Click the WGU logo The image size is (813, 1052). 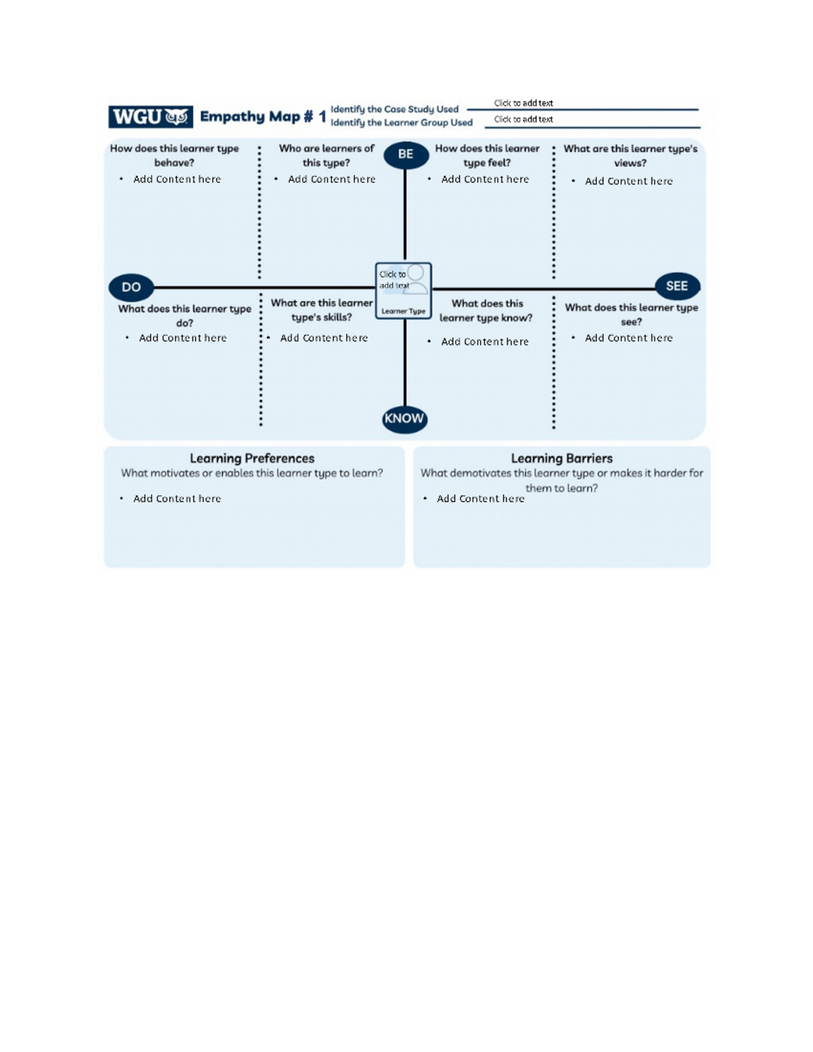[x=150, y=117]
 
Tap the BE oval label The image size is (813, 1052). [x=406, y=154]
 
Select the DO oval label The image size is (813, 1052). [x=131, y=287]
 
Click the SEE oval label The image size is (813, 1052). [x=677, y=286]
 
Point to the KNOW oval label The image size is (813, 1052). [x=404, y=419]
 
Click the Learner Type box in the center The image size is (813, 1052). [x=404, y=291]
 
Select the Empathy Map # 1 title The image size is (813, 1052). [x=263, y=117]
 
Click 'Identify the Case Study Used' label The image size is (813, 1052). [x=394, y=109]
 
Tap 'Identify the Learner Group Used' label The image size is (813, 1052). [x=401, y=123]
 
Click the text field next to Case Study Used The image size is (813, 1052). [x=583, y=103]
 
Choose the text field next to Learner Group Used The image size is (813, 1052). [x=589, y=119]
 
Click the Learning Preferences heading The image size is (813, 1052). [x=252, y=459]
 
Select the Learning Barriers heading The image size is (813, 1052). [x=562, y=459]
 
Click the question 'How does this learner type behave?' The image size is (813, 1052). [x=174, y=155]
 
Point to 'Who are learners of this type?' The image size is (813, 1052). [x=327, y=155]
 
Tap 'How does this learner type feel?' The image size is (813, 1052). [x=487, y=155]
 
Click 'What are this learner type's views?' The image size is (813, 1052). [x=630, y=156]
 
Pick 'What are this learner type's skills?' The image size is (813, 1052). [x=322, y=310]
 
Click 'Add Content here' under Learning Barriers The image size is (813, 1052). [x=480, y=499]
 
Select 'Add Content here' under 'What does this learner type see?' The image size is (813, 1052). [x=629, y=338]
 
